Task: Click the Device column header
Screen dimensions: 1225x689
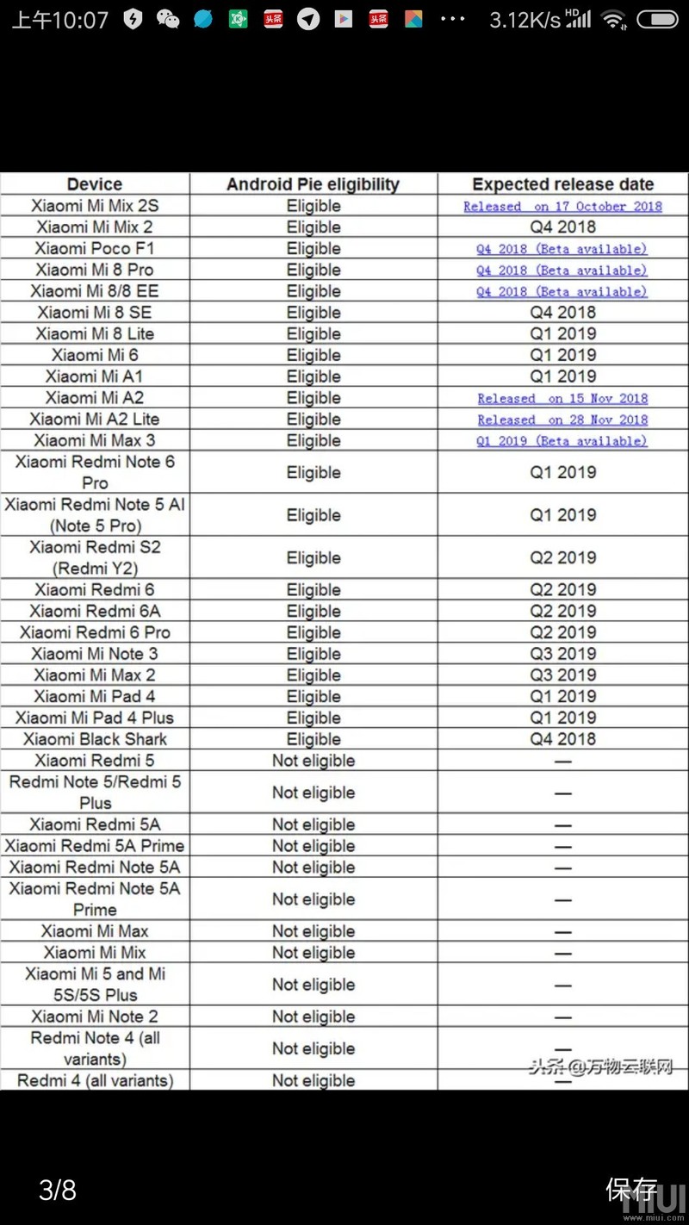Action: [x=95, y=184]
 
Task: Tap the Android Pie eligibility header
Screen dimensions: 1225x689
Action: [x=313, y=184]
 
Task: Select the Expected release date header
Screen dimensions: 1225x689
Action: [x=563, y=184]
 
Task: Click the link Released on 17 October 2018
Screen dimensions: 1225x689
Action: [x=563, y=207]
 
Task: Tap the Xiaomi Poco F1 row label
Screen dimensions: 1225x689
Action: [x=95, y=249]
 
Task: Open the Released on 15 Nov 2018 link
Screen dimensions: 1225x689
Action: [x=563, y=399]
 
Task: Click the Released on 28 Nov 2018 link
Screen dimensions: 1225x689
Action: [x=563, y=420]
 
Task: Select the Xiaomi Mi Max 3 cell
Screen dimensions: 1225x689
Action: [x=95, y=441]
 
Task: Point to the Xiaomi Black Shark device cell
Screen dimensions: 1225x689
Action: [x=95, y=739]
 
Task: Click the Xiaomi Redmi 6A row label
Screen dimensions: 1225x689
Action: [x=95, y=612]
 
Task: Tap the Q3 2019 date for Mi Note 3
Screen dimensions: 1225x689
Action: [x=563, y=654]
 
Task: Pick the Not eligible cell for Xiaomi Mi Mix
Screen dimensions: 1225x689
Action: [x=313, y=953]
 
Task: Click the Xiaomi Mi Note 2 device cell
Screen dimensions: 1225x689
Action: [x=95, y=1017]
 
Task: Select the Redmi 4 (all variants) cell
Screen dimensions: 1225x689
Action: [x=95, y=1081]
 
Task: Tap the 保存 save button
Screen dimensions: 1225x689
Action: [x=632, y=1191]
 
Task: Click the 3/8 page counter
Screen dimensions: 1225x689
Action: [x=58, y=1191]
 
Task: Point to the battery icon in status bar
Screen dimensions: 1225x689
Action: [x=658, y=20]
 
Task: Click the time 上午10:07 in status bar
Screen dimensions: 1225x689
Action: [x=60, y=20]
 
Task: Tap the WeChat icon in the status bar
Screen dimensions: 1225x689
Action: [x=168, y=20]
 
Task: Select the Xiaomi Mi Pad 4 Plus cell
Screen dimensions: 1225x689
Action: [x=95, y=718]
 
